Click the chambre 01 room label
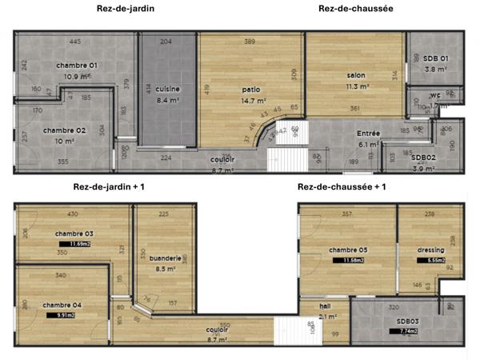tap(76, 65)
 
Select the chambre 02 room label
tap(64, 130)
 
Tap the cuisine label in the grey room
tap(168, 89)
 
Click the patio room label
tap(250, 90)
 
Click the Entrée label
tap(369, 134)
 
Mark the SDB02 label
tap(423, 158)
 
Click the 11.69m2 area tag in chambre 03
tap(80, 244)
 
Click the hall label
tap(325, 306)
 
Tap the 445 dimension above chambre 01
tap(75, 42)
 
